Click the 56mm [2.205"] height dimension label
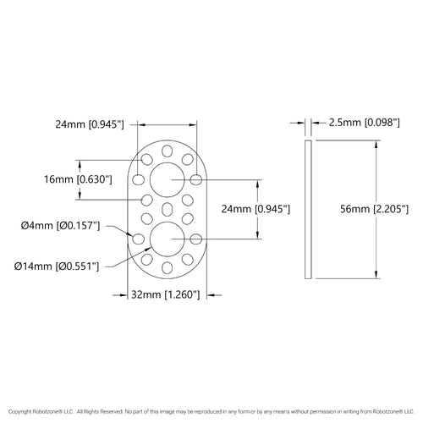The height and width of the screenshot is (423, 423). pos(374,209)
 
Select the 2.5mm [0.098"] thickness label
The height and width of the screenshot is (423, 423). pos(365,123)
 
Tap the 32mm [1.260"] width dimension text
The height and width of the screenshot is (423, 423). pos(166,294)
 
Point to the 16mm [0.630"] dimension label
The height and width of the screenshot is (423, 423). pos(78,179)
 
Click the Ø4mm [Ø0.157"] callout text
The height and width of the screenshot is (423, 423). pos(61,226)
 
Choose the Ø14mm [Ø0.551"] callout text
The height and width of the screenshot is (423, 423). pos(57,266)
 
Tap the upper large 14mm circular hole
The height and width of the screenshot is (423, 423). pos(168,179)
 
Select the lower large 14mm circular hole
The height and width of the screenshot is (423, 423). pos(168,239)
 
